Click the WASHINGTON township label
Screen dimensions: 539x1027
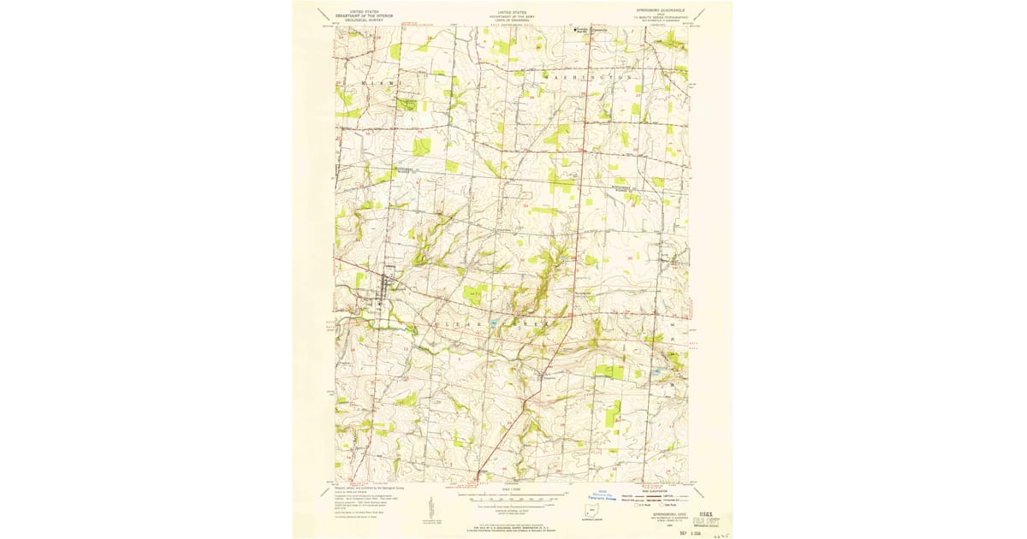pos(589,77)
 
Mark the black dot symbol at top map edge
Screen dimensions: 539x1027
pos(574,29)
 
